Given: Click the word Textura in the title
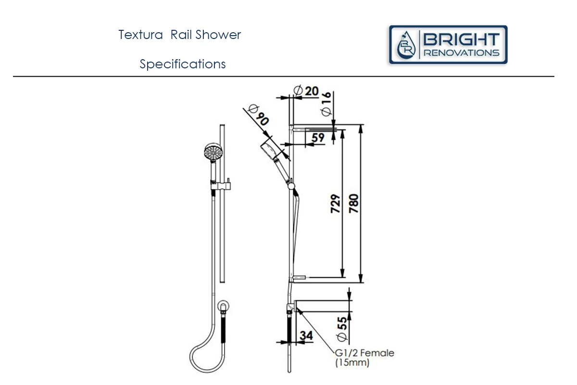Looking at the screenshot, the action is pos(140,35).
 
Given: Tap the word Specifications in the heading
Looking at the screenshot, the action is pos(183,64).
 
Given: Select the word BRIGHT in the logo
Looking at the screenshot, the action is pos(461,40).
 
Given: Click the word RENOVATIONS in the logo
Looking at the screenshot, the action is pos(461,53).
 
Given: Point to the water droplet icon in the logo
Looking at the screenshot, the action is pos(406,45).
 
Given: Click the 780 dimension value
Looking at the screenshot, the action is pos(354,204).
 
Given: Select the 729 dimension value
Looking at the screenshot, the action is pos(336,204).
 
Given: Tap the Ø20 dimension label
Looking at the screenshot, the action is pos(306,91).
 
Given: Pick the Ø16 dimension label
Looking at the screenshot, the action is pos(326,103).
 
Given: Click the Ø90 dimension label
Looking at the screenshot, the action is pos(258,115).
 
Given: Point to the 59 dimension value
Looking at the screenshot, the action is pos(318,138).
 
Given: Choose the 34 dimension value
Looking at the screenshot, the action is pos(306,335).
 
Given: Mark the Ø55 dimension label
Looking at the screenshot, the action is pos(342,329).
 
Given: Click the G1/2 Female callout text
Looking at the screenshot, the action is pos(364,353).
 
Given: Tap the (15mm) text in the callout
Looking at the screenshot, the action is pos(352,362).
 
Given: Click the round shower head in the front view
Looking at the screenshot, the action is pos(213,152).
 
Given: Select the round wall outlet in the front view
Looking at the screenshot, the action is pos(223,306).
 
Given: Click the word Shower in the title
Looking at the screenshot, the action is pos(218,35).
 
